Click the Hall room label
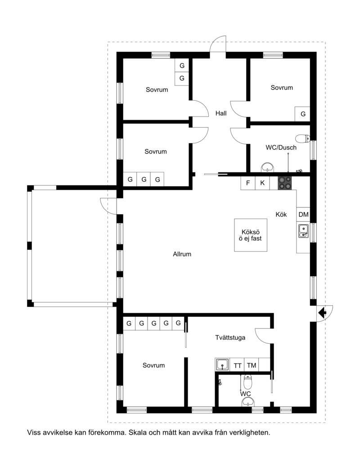(x=221, y=113)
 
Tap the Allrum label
(x=182, y=254)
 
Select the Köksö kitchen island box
(x=251, y=235)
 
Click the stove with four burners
(x=285, y=183)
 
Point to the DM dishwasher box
(x=303, y=214)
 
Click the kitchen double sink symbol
(x=303, y=231)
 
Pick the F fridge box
(x=248, y=183)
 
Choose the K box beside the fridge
(x=262, y=183)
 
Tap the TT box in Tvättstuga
(x=238, y=365)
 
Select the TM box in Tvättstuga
(x=252, y=365)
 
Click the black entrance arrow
(x=323, y=313)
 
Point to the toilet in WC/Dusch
(x=303, y=139)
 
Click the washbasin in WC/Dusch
(x=267, y=167)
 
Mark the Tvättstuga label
(x=230, y=338)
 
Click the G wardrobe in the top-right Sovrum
(x=303, y=114)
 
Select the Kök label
(x=281, y=215)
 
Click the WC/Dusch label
(x=281, y=148)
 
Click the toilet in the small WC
(x=247, y=382)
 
